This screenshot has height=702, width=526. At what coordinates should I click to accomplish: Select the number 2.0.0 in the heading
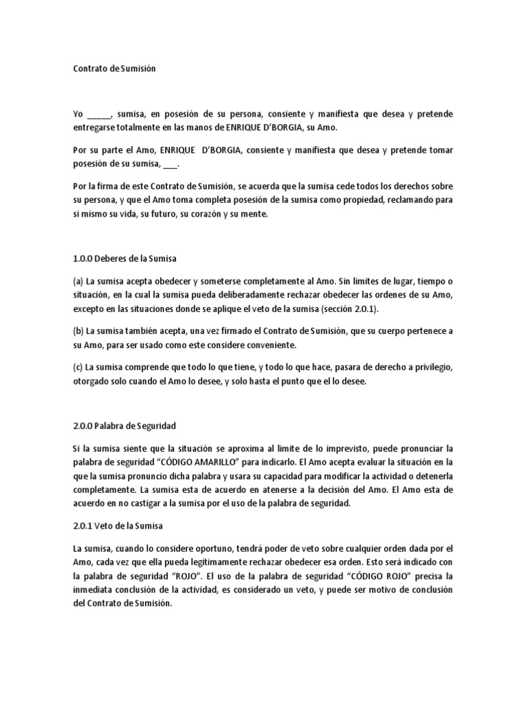point(84,425)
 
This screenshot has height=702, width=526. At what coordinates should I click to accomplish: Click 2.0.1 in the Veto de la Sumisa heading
point(84,526)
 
